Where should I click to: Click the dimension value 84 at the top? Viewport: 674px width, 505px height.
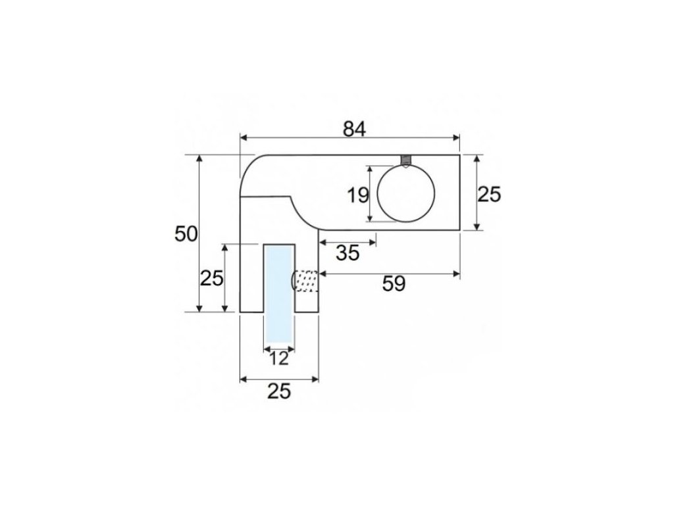pyautogui.click(x=355, y=129)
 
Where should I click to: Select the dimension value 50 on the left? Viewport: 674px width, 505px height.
pyautogui.click(x=186, y=234)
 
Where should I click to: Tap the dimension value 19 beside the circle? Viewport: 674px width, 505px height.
pyautogui.click(x=357, y=195)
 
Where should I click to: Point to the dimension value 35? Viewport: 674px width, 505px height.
pyautogui.click(x=348, y=253)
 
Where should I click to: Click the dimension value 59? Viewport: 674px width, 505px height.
pyautogui.click(x=394, y=284)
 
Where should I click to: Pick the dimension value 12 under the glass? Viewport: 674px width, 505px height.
pyautogui.click(x=279, y=358)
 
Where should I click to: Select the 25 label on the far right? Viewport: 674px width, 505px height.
pyautogui.click(x=490, y=195)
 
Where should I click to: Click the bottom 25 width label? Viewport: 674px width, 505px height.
pyautogui.click(x=279, y=391)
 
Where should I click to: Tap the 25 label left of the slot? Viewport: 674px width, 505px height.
pyautogui.click(x=212, y=278)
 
